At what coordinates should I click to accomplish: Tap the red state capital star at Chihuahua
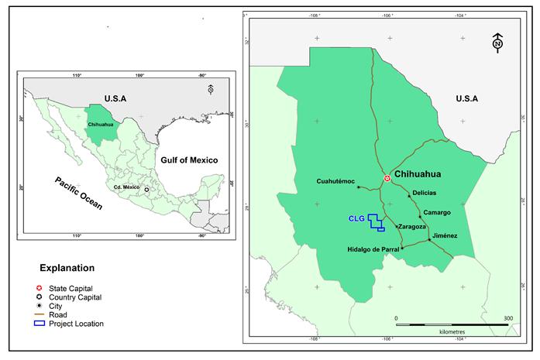(387, 179)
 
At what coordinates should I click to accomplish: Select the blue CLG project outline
(377, 223)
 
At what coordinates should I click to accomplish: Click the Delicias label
(425, 192)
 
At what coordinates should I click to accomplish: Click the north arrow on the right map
(497, 42)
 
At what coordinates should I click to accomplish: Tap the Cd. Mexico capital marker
(146, 188)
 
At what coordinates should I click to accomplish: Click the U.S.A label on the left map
(114, 99)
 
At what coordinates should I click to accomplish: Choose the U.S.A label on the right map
(466, 98)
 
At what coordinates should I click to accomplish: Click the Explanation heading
(67, 268)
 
